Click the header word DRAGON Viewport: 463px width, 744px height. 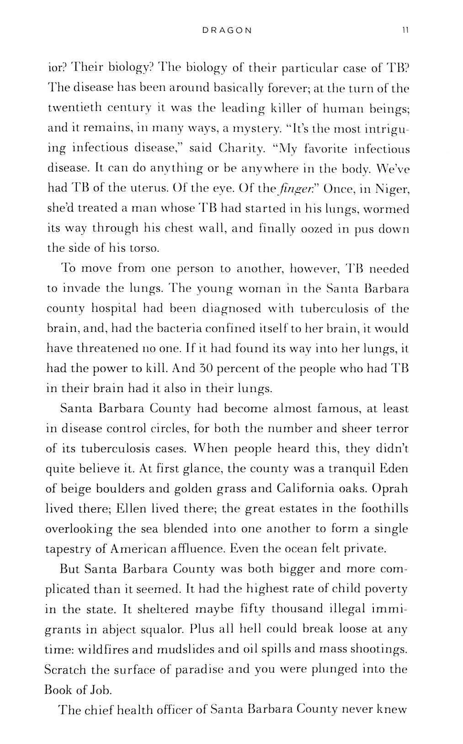click(x=227, y=31)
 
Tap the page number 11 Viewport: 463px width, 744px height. click(x=405, y=31)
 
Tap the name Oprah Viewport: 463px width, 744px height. click(x=390, y=489)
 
